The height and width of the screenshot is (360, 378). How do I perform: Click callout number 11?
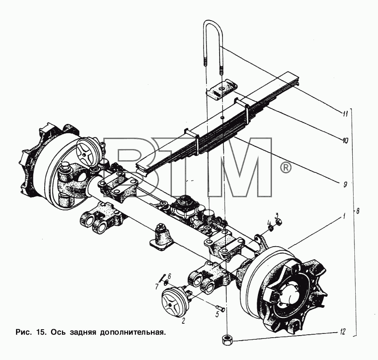click(x=346, y=113)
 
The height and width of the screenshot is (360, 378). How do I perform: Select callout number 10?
click(x=345, y=141)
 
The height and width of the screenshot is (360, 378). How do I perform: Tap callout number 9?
click(x=345, y=185)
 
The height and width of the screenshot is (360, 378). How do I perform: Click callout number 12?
click(x=342, y=332)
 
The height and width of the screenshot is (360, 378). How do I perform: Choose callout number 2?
click(x=183, y=321)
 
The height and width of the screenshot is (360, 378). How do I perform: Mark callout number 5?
click(x=217, y=314)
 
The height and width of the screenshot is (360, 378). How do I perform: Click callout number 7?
click(x=157, y=287)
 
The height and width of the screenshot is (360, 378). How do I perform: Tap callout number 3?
click(x=277, y=215)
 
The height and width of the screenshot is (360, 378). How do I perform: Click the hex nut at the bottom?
click(x=227, y=341)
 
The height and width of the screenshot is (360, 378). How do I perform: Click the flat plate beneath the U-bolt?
click(x=222, y=89)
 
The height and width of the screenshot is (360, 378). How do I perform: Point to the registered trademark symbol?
click(x=285, y=167)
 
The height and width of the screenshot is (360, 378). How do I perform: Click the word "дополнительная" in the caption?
click(x=133, y=333)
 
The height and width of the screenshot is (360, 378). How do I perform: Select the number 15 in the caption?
click(x=40, y=332)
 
